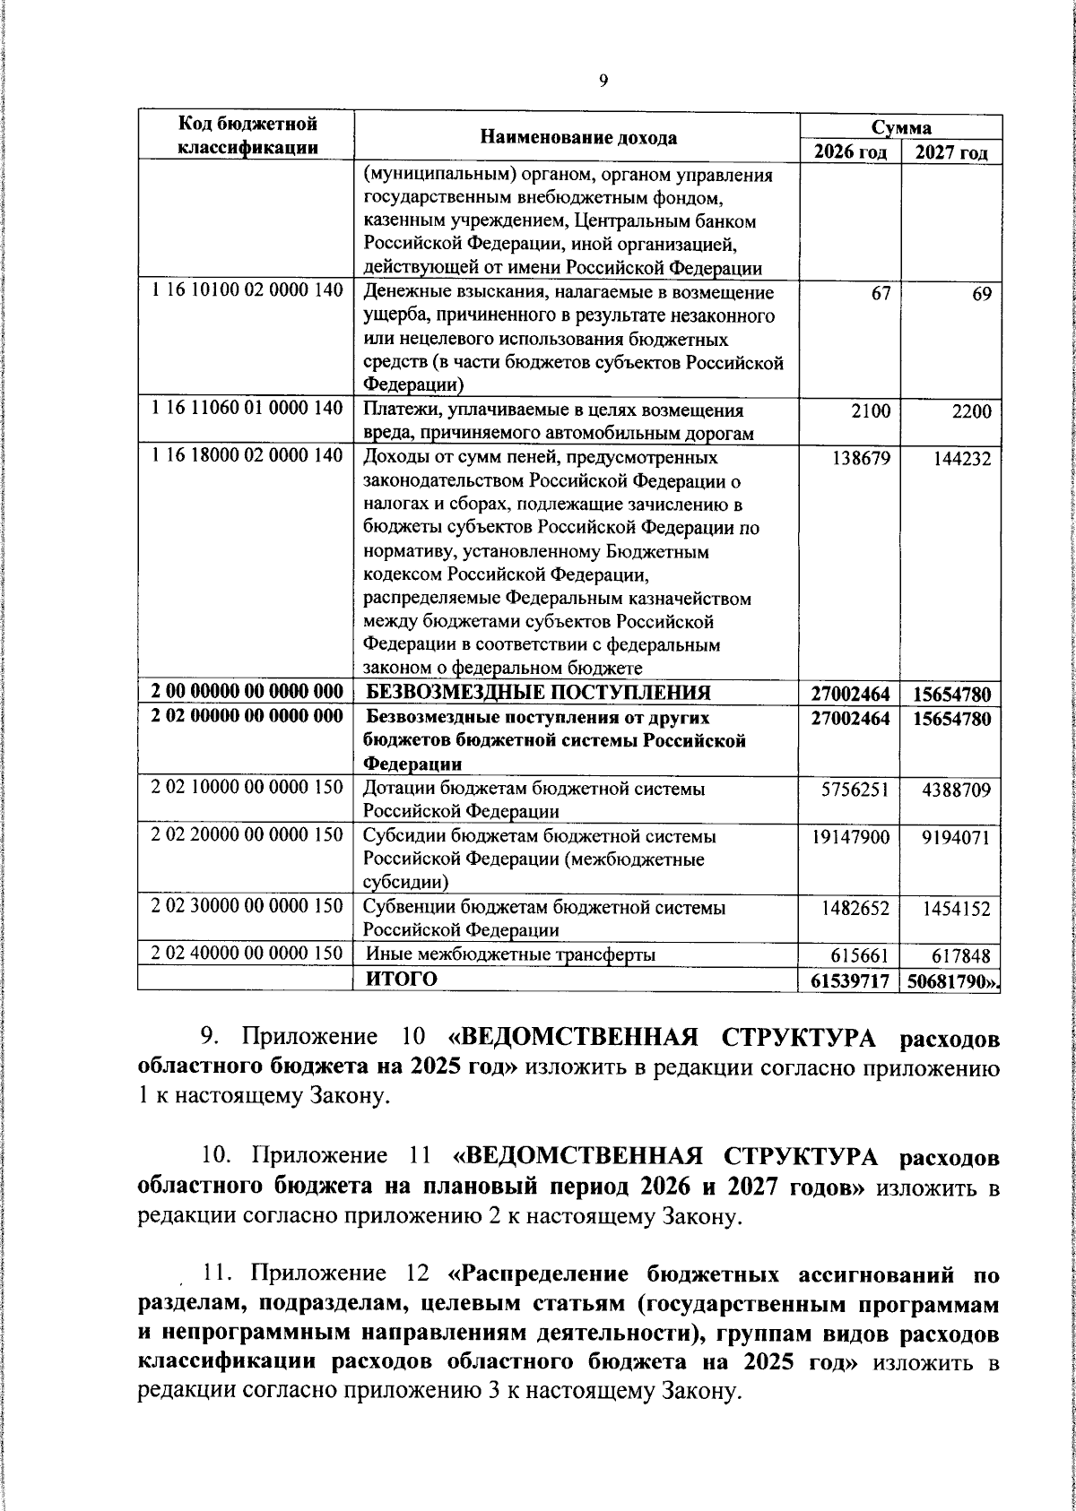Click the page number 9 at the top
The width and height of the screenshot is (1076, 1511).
[x=603, y=81]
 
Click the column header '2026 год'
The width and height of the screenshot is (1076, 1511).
[x=849, y=151]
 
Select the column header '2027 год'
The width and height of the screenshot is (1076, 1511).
[x=951, y=151]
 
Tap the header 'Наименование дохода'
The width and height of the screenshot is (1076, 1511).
[x=578, y=137]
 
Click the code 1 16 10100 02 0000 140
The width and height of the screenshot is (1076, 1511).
[x=247, y=292]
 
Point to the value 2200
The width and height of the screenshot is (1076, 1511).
[x=972, y=411]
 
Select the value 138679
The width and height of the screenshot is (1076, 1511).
[x=863, y=458]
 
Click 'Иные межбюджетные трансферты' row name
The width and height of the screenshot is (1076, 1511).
[x=509, y=954]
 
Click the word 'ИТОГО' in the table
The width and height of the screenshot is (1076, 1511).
[x=401, y=979]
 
